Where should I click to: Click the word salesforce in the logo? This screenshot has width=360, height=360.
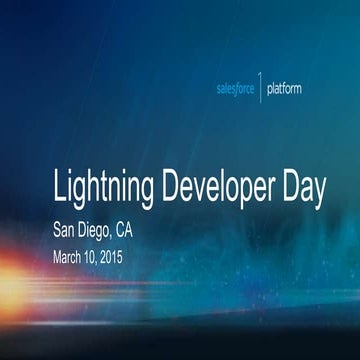coord(236,89)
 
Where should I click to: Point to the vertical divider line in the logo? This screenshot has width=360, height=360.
coord(262,88)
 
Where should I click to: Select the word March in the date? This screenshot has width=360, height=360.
coord(71,255)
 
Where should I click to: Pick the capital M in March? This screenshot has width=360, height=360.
coord(58,255)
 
